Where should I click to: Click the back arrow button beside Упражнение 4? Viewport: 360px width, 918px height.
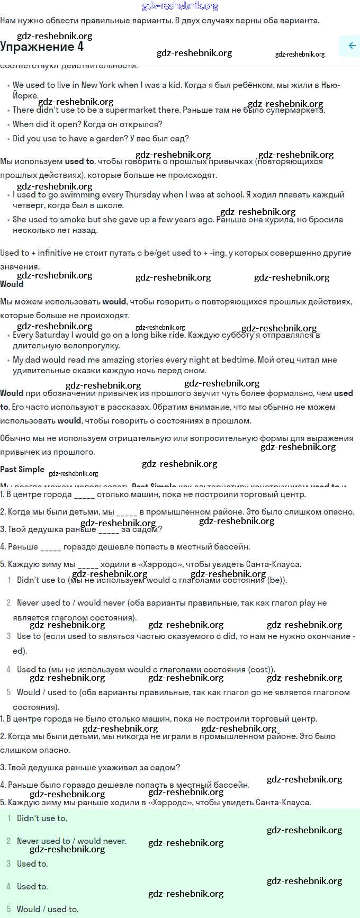352,46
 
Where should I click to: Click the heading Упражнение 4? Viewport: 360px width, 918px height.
42,47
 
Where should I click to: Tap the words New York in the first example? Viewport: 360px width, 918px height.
97,85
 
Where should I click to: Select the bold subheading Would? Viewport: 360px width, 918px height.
12,284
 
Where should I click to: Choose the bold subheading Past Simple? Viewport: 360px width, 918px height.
22,470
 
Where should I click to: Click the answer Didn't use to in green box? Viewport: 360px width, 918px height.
42,818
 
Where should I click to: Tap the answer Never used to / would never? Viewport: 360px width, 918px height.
71,841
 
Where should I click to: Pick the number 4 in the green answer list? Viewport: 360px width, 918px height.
8,887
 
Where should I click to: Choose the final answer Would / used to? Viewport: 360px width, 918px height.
48,910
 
